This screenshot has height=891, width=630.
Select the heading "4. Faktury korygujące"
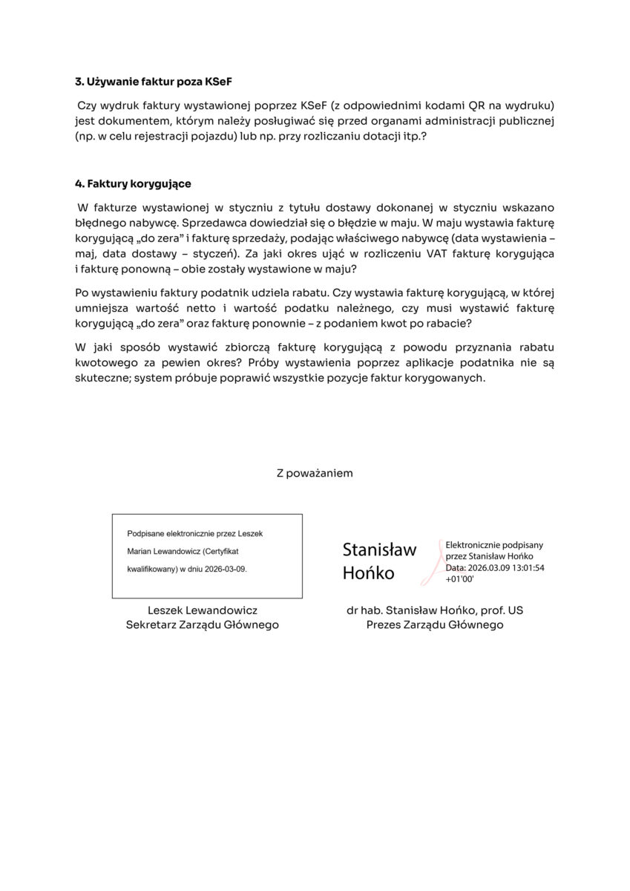134,183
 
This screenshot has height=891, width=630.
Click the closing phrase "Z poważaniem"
315,472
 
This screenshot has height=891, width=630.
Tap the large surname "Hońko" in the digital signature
369,573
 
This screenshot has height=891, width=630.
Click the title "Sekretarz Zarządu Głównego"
203,625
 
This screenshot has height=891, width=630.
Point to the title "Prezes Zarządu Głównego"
435,625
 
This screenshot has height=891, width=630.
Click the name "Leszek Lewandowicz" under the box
203,610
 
